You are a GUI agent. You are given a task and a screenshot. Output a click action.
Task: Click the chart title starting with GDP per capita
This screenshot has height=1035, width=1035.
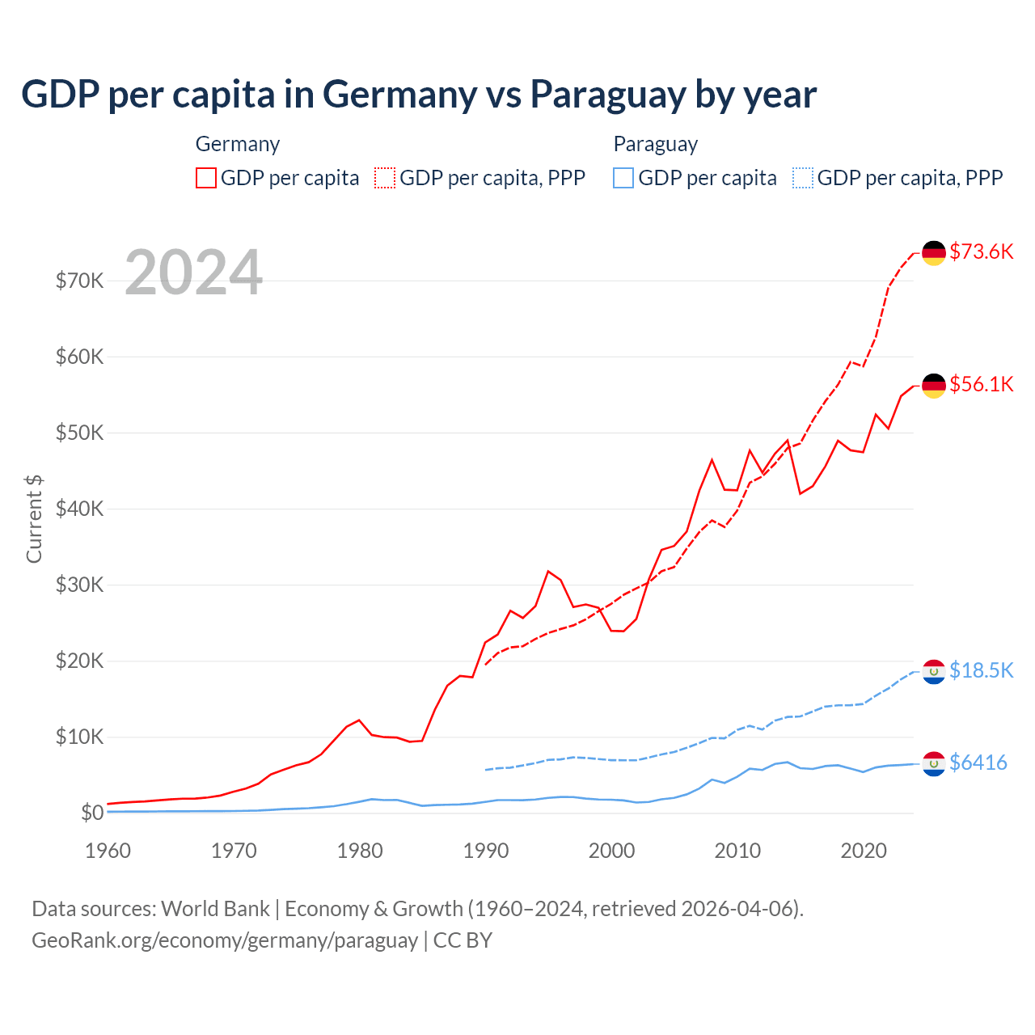419,95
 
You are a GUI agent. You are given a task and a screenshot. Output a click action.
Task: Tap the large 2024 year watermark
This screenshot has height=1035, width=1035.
194,272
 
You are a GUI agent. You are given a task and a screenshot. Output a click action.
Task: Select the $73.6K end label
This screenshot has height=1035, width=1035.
981,251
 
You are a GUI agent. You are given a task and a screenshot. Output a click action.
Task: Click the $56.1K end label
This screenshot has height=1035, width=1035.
981,384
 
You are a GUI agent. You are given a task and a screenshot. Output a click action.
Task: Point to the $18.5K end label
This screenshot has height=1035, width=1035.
981,670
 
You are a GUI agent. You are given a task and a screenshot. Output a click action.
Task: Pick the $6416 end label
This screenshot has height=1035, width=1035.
978,763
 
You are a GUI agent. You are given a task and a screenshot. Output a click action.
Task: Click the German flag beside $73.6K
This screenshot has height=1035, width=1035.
934,253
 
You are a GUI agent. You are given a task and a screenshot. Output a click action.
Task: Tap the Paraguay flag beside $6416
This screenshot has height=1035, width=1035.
934,763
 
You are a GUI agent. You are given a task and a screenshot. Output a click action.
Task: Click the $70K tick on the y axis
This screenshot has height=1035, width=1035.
80,281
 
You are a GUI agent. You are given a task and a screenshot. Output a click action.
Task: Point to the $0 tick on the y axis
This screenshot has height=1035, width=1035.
92,813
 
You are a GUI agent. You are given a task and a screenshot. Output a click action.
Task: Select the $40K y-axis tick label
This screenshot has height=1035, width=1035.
80,509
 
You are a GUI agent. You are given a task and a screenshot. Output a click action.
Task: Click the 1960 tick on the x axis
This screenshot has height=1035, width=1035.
108,851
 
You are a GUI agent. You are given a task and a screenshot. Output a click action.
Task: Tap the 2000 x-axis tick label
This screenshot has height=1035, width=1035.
612,851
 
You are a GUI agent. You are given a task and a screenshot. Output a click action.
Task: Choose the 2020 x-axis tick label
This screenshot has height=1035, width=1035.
864,851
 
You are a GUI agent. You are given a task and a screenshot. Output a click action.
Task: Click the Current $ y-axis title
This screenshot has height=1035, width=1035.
34,518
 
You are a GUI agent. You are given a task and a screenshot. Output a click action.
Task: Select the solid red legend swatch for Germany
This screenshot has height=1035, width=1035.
206,178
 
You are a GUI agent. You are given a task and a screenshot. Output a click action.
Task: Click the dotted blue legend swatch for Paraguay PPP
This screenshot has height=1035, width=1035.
803,178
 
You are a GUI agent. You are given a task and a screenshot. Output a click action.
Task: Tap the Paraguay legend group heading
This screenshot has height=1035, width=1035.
655,144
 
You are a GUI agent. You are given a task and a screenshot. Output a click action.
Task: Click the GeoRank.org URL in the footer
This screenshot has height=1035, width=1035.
225,940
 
